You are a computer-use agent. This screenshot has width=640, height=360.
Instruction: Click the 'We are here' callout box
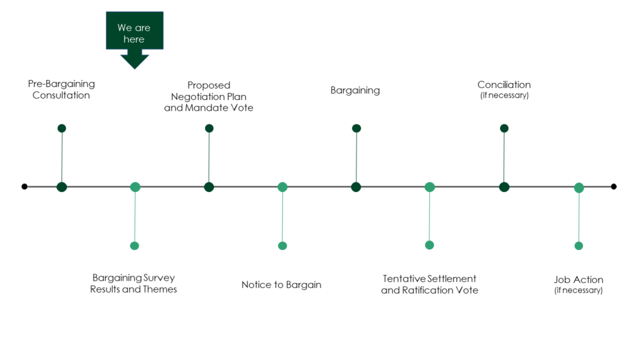(x=135, y=31)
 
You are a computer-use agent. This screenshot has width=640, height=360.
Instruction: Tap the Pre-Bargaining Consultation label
(x=61, y=89)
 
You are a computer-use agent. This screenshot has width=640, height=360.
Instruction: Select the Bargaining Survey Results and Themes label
(x=134, y=283)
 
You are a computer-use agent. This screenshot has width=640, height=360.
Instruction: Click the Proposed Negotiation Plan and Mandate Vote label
(x=209, y=96)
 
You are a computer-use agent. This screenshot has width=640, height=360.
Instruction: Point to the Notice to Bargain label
(x=281, y=284)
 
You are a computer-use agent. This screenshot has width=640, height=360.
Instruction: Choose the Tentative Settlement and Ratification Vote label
(x=429, y=284)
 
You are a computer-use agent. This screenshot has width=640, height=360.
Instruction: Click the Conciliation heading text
(x=504, y=84)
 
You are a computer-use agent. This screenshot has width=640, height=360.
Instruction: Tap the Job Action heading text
(x=578, y=279)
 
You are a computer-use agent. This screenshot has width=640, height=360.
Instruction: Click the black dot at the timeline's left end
(x=24, y=186)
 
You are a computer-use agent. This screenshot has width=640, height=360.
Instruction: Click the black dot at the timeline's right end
(x=614, y=186)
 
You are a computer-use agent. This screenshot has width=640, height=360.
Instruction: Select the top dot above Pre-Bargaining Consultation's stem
(x=62, y=128)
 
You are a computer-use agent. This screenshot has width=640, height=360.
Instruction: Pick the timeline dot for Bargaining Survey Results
(x=135, y=187)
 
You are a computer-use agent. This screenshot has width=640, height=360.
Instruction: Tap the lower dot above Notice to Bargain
(x=282, y=246)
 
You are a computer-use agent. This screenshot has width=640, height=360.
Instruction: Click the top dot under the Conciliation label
(x=504, y=128)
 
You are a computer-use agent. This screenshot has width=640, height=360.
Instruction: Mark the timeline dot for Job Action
(x=579, y=187)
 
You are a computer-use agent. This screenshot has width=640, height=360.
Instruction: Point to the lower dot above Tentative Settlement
(x=429, y=245)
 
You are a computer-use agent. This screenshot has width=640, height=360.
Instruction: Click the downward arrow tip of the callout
(x=135, y=69)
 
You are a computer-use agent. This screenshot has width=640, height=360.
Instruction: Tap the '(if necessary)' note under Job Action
(x=578, y=290)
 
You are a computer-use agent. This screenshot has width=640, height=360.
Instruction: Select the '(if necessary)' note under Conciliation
(x=504, y=95)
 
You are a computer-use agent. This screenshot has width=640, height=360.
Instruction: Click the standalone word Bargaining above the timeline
(x=355, y=90)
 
